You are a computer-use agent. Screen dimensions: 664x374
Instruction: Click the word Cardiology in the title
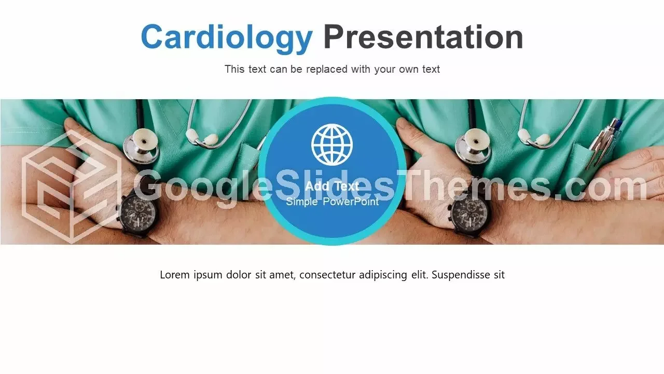(x=227, y=38)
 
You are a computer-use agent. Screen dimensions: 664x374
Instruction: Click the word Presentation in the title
(x=423, y=37)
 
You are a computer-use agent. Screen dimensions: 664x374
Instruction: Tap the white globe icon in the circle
(x=332, y=144)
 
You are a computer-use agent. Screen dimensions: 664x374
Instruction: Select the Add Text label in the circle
(x=332, y=186)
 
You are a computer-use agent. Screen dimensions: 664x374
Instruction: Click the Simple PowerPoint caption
(x=333, y=202)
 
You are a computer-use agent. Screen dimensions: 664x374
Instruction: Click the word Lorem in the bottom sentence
(x=175, y=275)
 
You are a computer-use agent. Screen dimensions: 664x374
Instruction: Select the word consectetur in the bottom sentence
(x=327, y=275)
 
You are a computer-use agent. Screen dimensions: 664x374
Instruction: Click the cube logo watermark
(x=72, y=188)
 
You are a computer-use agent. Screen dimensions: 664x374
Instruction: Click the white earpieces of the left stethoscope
(x=202, y=137)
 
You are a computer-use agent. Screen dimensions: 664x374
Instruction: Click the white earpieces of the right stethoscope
(x=534, y=137)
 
